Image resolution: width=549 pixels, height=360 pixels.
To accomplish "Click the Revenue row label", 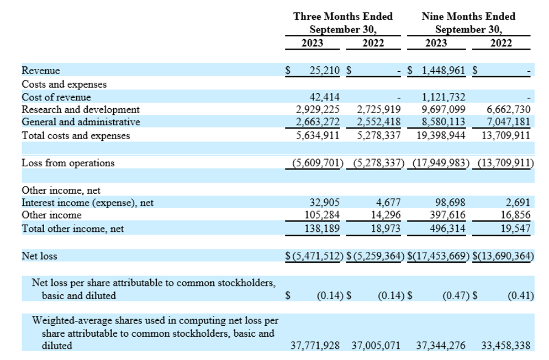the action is pyautogui.click(x=41, y=71).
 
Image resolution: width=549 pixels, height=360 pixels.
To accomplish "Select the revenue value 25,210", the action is pyautogui.click(x=325, y=71).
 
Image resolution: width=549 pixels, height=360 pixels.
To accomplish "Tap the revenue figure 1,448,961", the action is pyautogui.click(x=444, y=71).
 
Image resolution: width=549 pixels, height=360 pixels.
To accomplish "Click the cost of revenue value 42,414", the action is pyautogui.click(x=325, y=97).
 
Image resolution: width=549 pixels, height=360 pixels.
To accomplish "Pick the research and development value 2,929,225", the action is pyautogui.click(x=318, y=109).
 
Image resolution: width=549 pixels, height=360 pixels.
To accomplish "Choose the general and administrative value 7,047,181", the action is pyautogui.click(x=508, y=122).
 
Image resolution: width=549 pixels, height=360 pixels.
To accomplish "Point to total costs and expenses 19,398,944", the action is pyautogui.click(x=441, y=135).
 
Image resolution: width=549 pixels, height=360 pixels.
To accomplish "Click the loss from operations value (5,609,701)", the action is pyautogui.click(x=318, y=163).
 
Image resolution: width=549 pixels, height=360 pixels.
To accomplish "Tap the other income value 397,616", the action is pyautogui.click(x=447, y=215).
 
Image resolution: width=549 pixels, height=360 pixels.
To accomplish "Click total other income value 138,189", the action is pyautogui.click(x=322, y=229).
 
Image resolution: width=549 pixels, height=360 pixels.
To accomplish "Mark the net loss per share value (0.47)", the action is pyautogui.click(x=456, y=295).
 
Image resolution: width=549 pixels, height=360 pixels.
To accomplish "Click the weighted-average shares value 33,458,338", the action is pyautogui.click(x=505, y=346).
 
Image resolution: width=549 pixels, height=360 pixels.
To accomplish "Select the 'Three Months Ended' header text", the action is pyautogui.click(x=343, y=17).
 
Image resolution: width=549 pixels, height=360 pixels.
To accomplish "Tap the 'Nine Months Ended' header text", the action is pyautogui.click(x=468, y=17).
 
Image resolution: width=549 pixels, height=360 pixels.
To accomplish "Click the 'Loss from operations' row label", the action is pyautogui.click(x=68, y=163).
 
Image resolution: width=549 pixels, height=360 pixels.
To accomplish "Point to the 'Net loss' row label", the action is pyautogui.click(x=39, y=256).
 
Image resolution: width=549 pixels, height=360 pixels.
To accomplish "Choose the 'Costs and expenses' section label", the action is pyautogui.click(x=64, y=84).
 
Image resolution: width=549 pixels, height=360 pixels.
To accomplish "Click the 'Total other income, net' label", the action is pyautogui.click(x=73, y=229).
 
